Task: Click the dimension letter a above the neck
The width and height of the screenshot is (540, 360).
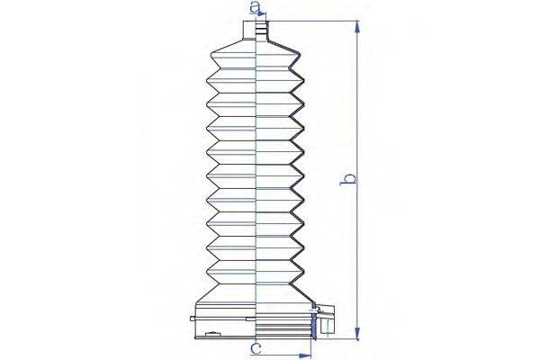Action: pos(255,6)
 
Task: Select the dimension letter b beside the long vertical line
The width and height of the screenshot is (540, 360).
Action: pos(348,179)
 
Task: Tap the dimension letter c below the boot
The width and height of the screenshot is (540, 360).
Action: pos(256,348)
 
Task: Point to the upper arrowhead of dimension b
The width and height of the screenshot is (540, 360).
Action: pos(358,27)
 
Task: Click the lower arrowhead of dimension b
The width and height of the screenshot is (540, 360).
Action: pos(358,333)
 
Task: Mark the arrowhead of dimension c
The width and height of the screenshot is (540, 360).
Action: pos(305,355)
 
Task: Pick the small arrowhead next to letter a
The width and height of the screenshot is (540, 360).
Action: pos(263,13)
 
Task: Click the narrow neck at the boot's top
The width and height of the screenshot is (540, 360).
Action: pos(256,31)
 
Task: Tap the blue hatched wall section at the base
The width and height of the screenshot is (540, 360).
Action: pos(314,328)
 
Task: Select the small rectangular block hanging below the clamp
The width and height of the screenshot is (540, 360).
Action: pos(327,327)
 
